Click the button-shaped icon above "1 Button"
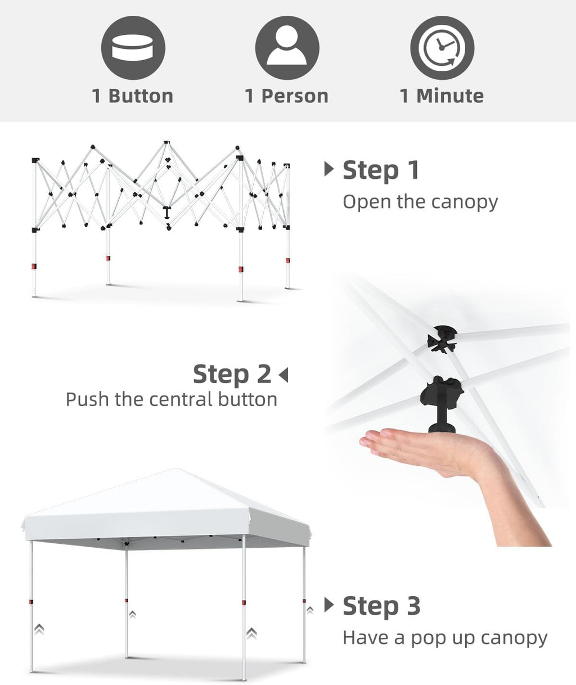(x=133, y=48)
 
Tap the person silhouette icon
(x=287, y=48)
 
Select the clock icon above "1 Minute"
(x=442, y=48)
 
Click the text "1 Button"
(x=133, y=96)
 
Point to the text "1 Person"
(x=286, y=96)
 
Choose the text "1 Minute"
(x=442, y=96)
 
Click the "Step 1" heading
(x=381, y=170)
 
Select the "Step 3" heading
(x=381, y=606)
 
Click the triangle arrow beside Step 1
(x=329, y=169)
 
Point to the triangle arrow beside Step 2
(x=283, y=375)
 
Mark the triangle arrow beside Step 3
(x=329, y=605)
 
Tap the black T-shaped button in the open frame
(x=168, y=211)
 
